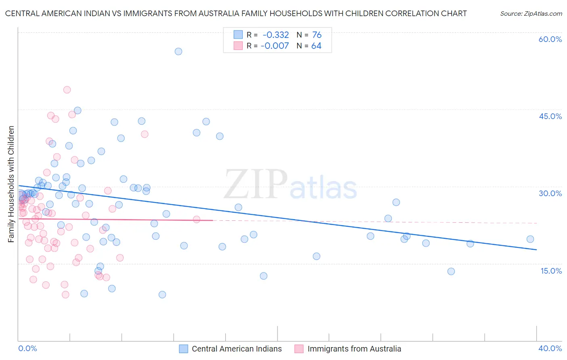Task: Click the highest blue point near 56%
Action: [x=178, y=51]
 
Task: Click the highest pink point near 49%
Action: [x=67, y=90]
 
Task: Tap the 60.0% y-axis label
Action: [x=550, y=39]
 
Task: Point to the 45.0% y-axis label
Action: [x=550, y=116]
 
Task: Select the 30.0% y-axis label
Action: [x=550, y=193]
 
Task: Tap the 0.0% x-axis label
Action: [x=28, y=348]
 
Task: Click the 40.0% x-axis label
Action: [x=550, y=348]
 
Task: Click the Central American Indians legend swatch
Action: [x=184, y=349]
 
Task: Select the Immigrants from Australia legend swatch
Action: [x=299, y=349]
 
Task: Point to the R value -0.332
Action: [x=276, y=35]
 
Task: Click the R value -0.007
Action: [x=275, y=46]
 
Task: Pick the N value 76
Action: [x=317, y=35]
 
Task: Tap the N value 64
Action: [x=317, y=46]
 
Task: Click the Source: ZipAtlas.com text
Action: [x=531, y=14]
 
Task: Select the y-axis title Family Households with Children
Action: [x=11, y=184]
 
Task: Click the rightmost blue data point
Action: [x=530, y=239]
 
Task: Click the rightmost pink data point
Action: [x=196, y=219]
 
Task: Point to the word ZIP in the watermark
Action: [x=256, y=184]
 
